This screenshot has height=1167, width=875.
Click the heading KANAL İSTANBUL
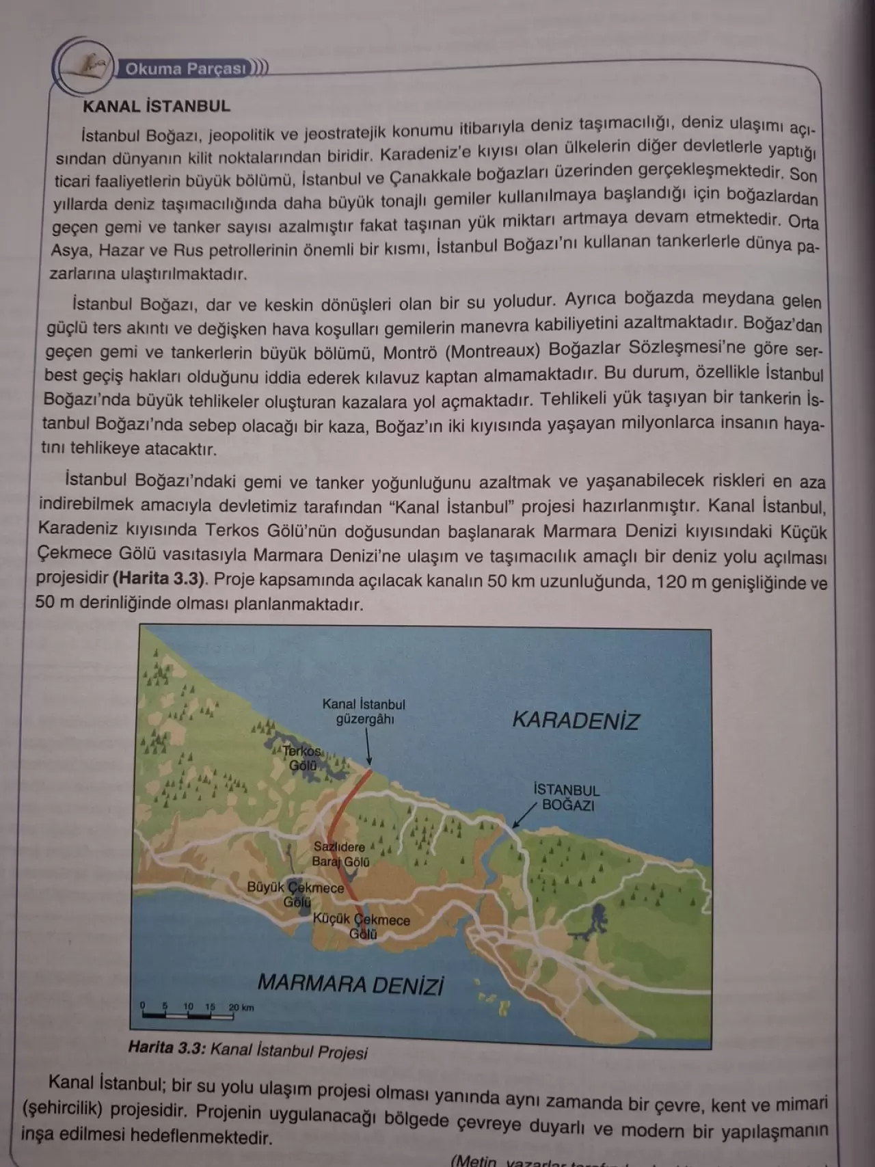(156, 106)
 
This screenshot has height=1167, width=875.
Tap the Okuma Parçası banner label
(185, 69)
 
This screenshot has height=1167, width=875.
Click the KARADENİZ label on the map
(576, 721)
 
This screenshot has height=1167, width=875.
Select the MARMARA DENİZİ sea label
(351, 984)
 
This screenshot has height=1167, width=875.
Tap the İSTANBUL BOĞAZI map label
(567, 797)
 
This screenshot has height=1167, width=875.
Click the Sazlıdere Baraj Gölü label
(340, 855)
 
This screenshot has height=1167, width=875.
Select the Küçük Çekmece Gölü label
(362, 926)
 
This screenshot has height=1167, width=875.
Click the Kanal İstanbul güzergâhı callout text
(364, 711)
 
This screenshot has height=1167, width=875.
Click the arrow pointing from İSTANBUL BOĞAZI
(524, 816)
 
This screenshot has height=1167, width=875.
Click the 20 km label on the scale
(241, 1007)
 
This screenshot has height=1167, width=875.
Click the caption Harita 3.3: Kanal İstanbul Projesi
(247, 1049)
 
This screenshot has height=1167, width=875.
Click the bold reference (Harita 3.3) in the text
(159, 578)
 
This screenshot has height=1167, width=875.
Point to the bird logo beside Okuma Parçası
(87, 67)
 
